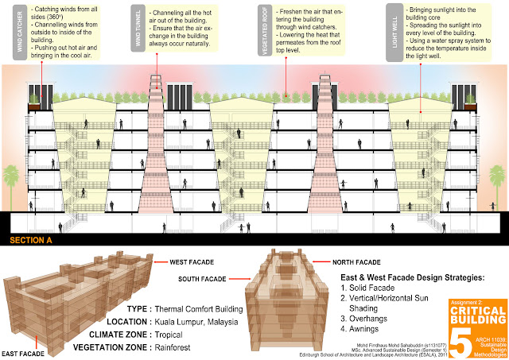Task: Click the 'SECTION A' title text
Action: click(x=33, y=239)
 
